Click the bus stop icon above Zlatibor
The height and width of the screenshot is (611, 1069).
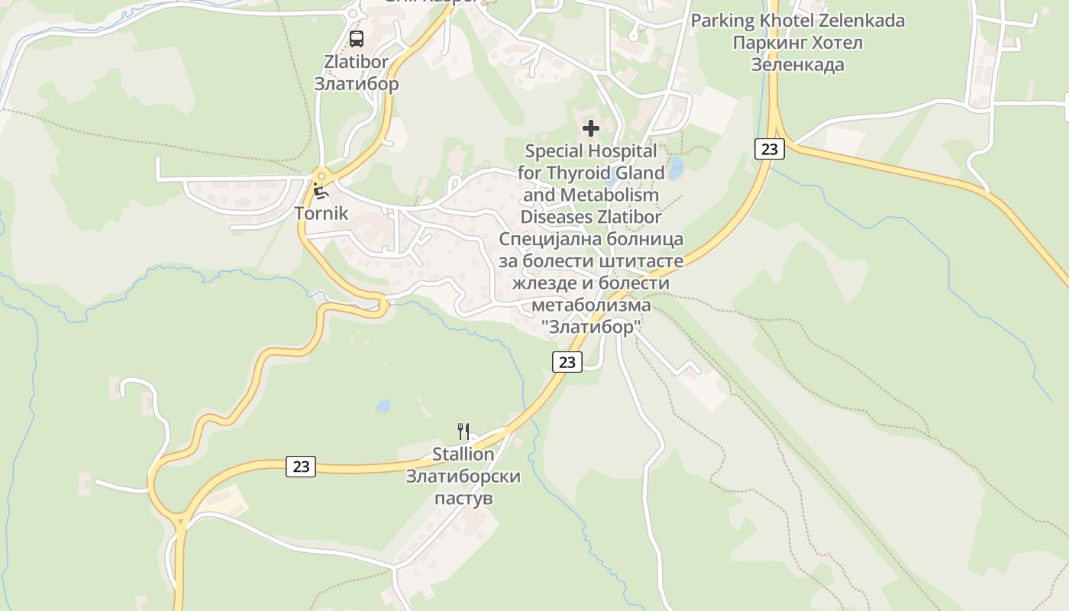click(x=356, y=39)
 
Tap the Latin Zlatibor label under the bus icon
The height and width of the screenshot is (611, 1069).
click(x=356, y=61)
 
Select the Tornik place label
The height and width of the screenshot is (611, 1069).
click(x=321, y=213)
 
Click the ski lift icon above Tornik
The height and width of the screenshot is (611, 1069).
click(x=321, y=191)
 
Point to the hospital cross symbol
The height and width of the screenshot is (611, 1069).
click(x=590, y=128)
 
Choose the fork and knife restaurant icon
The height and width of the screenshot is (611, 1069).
click(x=463, y=432)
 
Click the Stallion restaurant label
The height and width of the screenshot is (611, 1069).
click(x=463, y=454)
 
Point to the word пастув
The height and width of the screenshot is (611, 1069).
click(x=463, y=499)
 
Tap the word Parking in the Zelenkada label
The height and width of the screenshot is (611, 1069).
click(x=722, y=21)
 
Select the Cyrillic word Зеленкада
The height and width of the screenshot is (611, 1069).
click(x=798, y=65)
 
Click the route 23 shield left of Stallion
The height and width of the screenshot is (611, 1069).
click(x=301, y=466)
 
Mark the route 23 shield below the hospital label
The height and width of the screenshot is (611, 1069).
click(x=567, y=362)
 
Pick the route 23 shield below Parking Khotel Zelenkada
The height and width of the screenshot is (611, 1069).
click(x=769, y=149)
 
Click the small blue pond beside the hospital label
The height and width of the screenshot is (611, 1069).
click(x=675, y=169)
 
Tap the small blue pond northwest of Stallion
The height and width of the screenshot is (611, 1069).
click(x=383, y=406)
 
